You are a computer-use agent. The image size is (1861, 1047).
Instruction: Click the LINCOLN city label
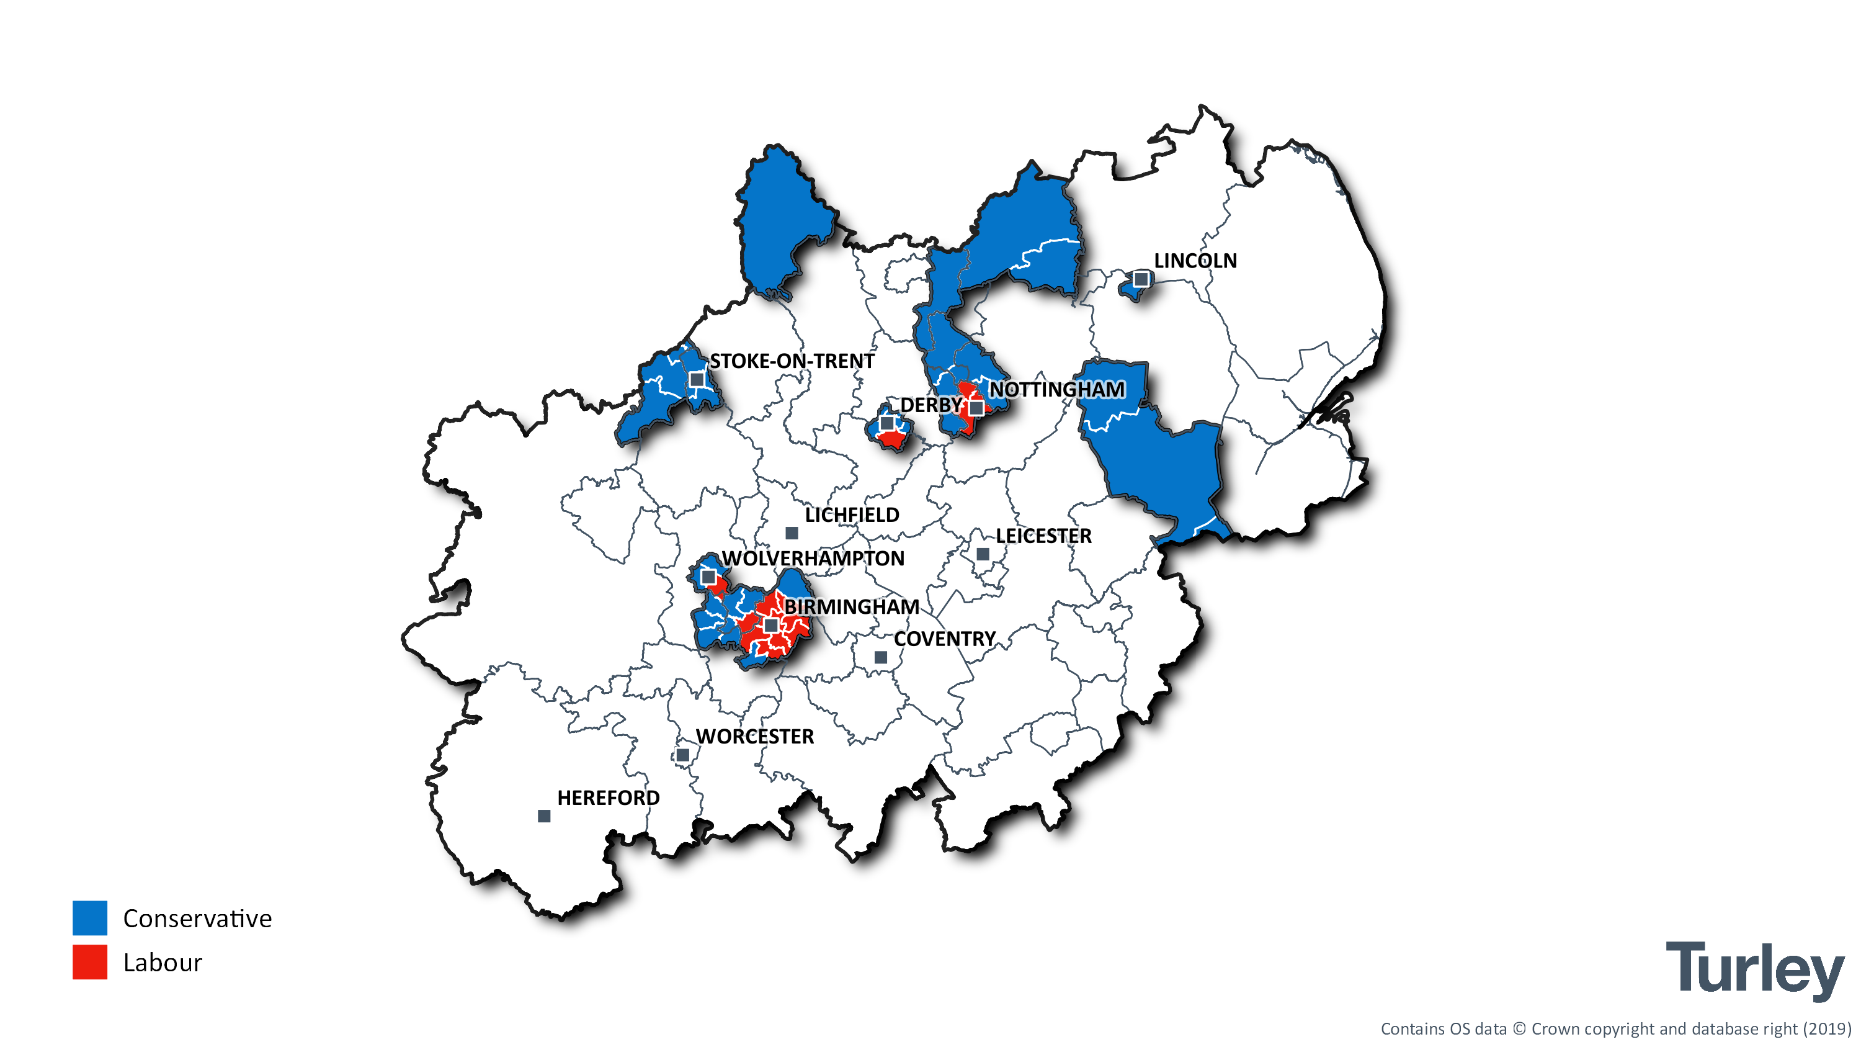1195,261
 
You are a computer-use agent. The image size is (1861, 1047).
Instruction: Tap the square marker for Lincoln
1141,279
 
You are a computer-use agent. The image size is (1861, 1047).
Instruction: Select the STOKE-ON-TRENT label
792,361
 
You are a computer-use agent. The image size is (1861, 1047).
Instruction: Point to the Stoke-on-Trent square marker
697,379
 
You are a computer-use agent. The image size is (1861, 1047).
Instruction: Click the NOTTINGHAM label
1057,390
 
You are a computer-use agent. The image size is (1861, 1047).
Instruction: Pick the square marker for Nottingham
976,408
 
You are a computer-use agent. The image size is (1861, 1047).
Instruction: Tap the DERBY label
930,405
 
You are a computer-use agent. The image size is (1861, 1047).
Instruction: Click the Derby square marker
887,423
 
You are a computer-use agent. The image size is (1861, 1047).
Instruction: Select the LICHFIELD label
852,515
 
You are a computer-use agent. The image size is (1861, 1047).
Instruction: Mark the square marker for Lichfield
792,533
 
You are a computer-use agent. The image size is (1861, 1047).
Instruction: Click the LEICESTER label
1043,536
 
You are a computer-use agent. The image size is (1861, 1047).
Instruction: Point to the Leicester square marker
983,554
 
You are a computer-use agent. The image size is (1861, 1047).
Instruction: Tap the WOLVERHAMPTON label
813,559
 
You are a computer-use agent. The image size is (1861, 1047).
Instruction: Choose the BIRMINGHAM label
852,607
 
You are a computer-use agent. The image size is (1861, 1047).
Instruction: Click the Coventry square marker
881,657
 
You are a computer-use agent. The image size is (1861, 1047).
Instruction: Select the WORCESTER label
755,736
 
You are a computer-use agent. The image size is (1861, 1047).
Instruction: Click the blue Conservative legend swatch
89,918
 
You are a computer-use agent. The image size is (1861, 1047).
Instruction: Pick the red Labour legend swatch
89,962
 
